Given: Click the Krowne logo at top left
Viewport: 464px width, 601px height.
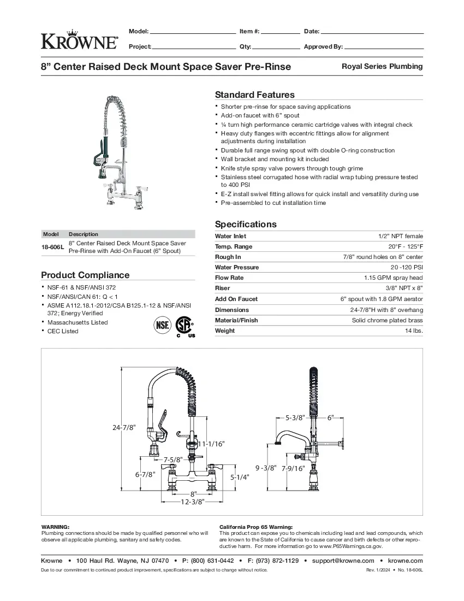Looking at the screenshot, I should click(79, 39).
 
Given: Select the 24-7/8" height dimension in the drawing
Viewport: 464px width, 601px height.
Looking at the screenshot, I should click(123, 428).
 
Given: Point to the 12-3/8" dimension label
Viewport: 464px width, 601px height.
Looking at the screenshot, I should click(192, 502).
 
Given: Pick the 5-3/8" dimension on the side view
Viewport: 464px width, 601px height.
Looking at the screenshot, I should click(295, 417).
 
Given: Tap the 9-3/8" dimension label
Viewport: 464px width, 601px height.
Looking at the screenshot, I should click(266, 468).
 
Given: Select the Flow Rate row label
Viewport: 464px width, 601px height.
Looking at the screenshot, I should click(229, 278).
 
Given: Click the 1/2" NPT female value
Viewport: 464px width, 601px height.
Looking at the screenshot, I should click(400, 236).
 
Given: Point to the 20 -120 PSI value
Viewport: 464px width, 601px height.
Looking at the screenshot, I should click(407, 268).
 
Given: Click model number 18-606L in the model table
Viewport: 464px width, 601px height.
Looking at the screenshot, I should click(53, 247).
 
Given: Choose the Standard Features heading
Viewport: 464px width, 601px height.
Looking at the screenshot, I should click(254, 95).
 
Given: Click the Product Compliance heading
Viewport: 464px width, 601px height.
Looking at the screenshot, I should click(85, 275).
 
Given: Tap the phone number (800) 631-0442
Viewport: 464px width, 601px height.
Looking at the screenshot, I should click(212, 561).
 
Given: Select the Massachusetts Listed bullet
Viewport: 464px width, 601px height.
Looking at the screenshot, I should click(78, 322).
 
